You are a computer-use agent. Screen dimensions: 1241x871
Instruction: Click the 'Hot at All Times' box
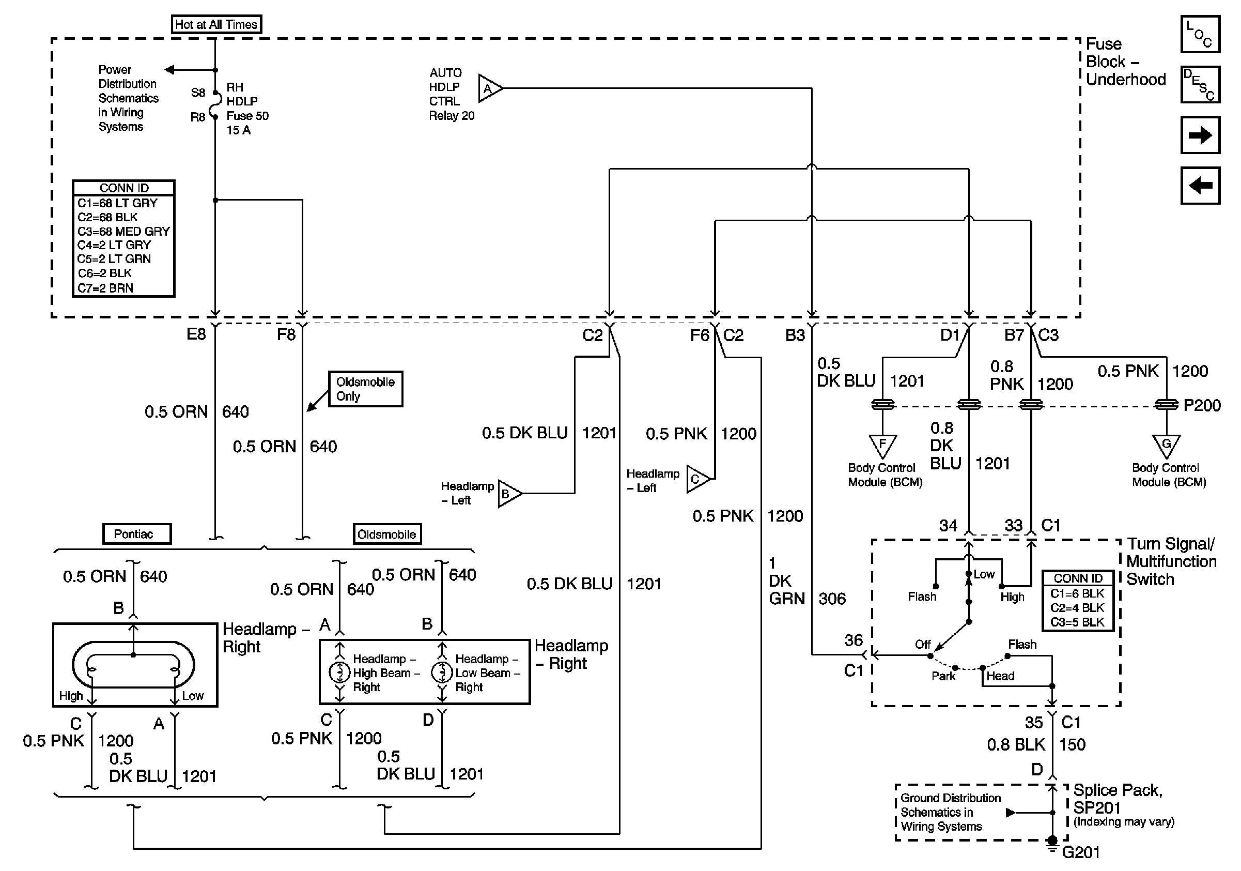click(216, 24)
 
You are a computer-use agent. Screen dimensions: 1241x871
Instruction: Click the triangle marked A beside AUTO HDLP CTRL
click(489, 88)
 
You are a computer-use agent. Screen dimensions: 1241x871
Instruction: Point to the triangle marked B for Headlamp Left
click(508, 493)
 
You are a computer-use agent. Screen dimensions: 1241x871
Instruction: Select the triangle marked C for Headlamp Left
click(698, 479)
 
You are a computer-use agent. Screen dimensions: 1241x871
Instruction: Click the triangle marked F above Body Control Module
click(882, 446)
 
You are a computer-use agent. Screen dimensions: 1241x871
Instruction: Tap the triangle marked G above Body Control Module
click(1167, 446)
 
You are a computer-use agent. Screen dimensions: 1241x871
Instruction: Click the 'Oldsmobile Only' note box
click(366, 389)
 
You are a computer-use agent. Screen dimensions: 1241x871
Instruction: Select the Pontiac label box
click(137, 533)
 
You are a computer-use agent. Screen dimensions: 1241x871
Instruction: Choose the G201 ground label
click(1081, 852)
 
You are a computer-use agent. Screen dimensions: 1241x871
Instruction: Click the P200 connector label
click(1202, 405)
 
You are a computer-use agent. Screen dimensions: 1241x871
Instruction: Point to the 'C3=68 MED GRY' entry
click(123, 231)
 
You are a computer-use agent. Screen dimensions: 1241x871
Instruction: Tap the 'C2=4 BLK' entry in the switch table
click(1077, 608)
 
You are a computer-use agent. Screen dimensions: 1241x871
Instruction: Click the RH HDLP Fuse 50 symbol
click(214, 104)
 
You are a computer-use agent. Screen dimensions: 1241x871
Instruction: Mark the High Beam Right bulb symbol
click(339, 672)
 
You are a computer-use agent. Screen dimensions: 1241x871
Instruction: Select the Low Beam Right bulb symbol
click(442, 672)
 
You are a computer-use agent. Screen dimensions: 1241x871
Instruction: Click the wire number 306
click(832, 599)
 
